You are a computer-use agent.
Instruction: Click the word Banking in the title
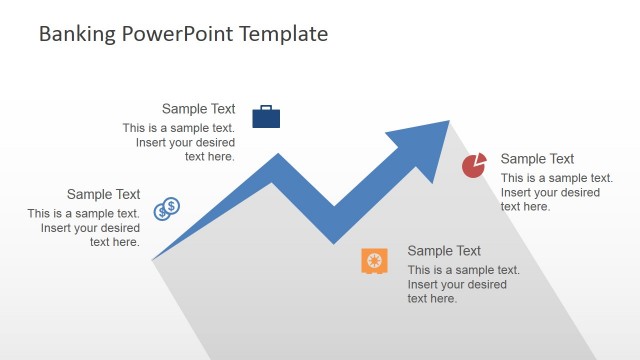point(79,34)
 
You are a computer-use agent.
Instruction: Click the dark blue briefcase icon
point(266,117)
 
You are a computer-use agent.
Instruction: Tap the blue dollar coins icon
point(166,209)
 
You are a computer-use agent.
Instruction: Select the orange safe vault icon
point(374,261)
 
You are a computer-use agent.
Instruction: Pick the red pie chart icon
point(473,166)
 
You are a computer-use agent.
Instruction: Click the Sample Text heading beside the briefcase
point(198,109)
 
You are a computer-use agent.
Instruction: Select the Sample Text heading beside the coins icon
point(103,194)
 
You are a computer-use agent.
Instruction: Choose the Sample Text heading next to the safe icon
point(444,251)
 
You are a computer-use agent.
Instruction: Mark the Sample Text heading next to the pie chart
point(537,159)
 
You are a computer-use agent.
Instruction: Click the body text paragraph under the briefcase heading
point(180,142)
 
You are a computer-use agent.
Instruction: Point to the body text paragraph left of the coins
point(85,227)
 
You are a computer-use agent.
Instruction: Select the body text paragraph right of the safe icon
point(462,284)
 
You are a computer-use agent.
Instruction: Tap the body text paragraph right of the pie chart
point(555,192)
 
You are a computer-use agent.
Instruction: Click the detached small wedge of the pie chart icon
point(481,158)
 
